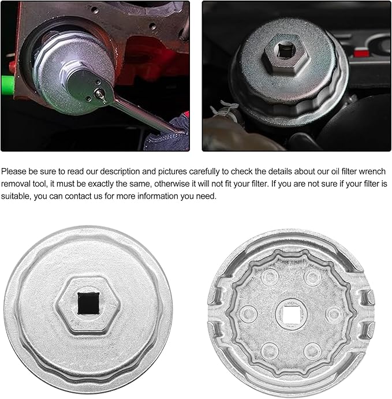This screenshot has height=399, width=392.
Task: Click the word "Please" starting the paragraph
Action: (14, 171)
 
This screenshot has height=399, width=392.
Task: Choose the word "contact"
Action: (79, 197)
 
